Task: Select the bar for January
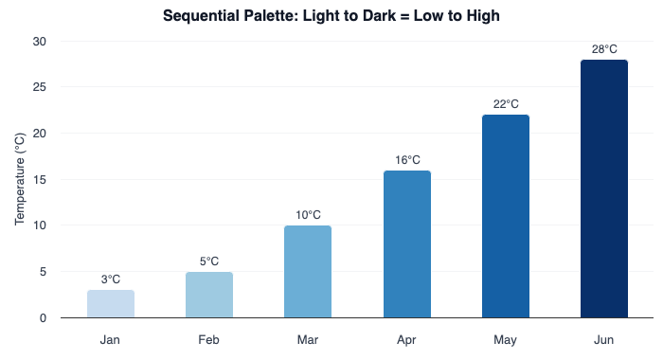point(111,303)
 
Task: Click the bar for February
point(209,295)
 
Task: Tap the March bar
point(308,272)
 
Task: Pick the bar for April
point(407,244)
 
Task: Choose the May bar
point(506,216)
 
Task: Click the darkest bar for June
point(604,189)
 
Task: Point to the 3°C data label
point(111,279)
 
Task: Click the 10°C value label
point(308,215)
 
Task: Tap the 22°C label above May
point(506,104)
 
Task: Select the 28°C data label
point(604,49)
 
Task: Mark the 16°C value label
point(407,160)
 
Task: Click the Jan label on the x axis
point(111,339)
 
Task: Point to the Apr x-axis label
point(407,339)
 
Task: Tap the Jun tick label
point(604,339)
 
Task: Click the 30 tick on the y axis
point(39,42)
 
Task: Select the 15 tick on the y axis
point(39,180)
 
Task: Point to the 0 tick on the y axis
point(43,318)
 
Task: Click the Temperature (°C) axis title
point(19,180)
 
